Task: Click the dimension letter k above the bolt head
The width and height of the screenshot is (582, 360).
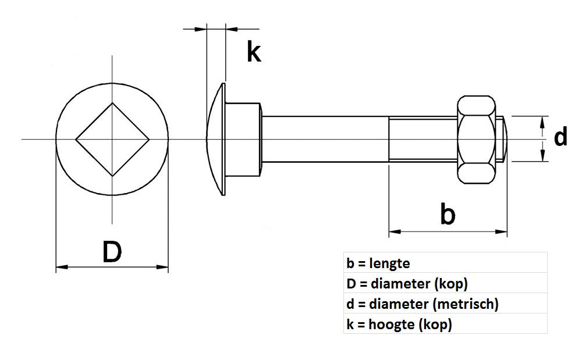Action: [x=253, y=52]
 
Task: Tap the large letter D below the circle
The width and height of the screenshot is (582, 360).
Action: [x=112, y=251]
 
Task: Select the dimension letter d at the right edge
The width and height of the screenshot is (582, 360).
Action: [x=560, y=138]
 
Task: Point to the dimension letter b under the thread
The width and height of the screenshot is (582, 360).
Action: [x=446, y=214]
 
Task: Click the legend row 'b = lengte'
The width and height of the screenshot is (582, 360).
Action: [x=378, y=263]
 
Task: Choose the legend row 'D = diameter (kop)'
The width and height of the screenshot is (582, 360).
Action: [x=407, y=284]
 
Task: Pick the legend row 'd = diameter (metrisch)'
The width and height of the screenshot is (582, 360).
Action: [x=422, y=304]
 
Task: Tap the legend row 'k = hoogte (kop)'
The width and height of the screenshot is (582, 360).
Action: [x=399, y=324]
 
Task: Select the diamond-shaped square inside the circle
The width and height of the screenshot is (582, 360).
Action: [x=112, y=139]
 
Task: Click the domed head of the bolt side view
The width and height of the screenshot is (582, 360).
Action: [x=216, y=139]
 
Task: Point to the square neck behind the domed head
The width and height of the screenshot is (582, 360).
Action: [x=243, y=139]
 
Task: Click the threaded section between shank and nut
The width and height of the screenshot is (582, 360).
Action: [x=423, y=139]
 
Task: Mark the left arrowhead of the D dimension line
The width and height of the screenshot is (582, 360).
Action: [x=60, y=267]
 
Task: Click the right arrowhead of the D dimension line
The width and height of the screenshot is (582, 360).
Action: [x=164, y=267]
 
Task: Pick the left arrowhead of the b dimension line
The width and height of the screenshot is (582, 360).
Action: [x=393, y=232]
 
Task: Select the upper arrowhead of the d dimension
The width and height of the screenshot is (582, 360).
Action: [x=542, y=120]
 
